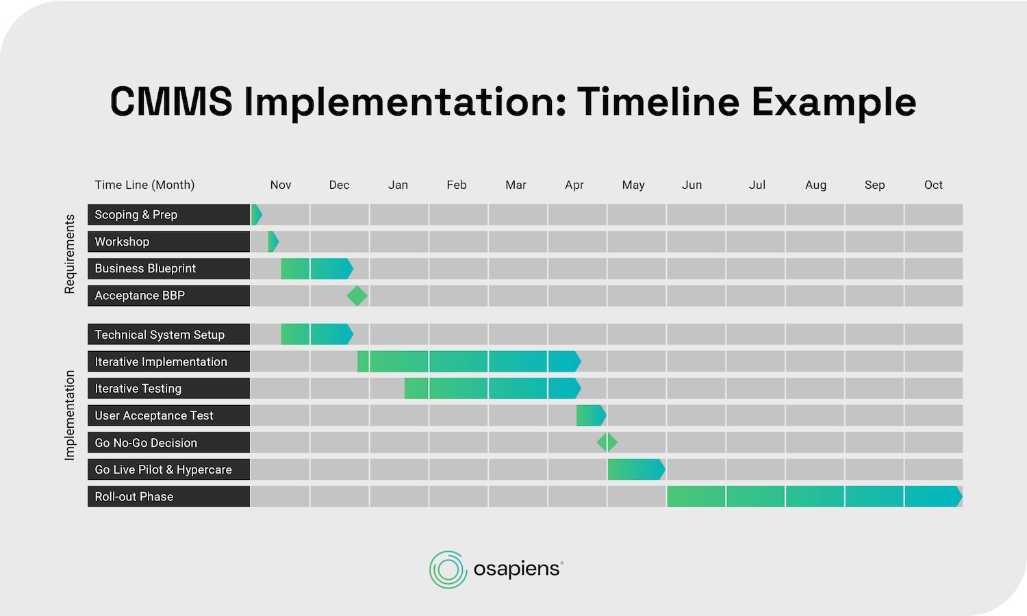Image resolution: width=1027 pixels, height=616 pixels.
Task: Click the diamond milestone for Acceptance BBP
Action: click(x=357, y=296)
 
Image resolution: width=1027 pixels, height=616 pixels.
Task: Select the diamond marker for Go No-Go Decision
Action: click(x=607, y=442)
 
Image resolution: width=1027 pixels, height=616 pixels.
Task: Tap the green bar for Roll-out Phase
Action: click(x=813, y=496)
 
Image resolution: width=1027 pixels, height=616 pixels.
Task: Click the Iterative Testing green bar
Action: click(x=492, y=388)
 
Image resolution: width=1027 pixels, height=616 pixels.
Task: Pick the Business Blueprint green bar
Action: click(x=316, y=268)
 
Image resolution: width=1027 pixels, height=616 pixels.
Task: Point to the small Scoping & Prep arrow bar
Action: click(x=256, y=215)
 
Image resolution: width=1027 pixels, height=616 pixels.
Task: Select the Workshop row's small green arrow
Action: click(x=273, y=242)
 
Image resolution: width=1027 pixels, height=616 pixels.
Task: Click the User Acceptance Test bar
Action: click(x=590, y=415)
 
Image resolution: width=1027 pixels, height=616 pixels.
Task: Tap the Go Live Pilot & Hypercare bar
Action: click(x=635, y=470)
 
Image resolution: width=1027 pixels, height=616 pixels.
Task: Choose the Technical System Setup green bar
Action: click(x=316, y=335)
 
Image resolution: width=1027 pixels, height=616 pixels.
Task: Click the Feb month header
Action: click(x=457, y=185)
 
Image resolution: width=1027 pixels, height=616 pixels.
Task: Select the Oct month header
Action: click(x=933, y=185)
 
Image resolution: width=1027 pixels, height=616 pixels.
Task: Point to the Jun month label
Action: click(x=692, y=185)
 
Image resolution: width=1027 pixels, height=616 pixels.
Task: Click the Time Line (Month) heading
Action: click(x=144, y=185)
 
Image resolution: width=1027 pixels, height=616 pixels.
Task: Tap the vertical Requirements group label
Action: click(x=69, y=254)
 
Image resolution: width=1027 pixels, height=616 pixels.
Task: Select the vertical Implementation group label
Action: click(x=69, y=415)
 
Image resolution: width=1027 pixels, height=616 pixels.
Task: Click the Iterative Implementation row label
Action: click(x=161, y=361)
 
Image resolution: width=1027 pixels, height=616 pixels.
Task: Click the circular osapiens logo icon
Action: click(x=448, y=569)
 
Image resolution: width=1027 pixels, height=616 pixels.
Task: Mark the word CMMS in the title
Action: click(x=171, y=102)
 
